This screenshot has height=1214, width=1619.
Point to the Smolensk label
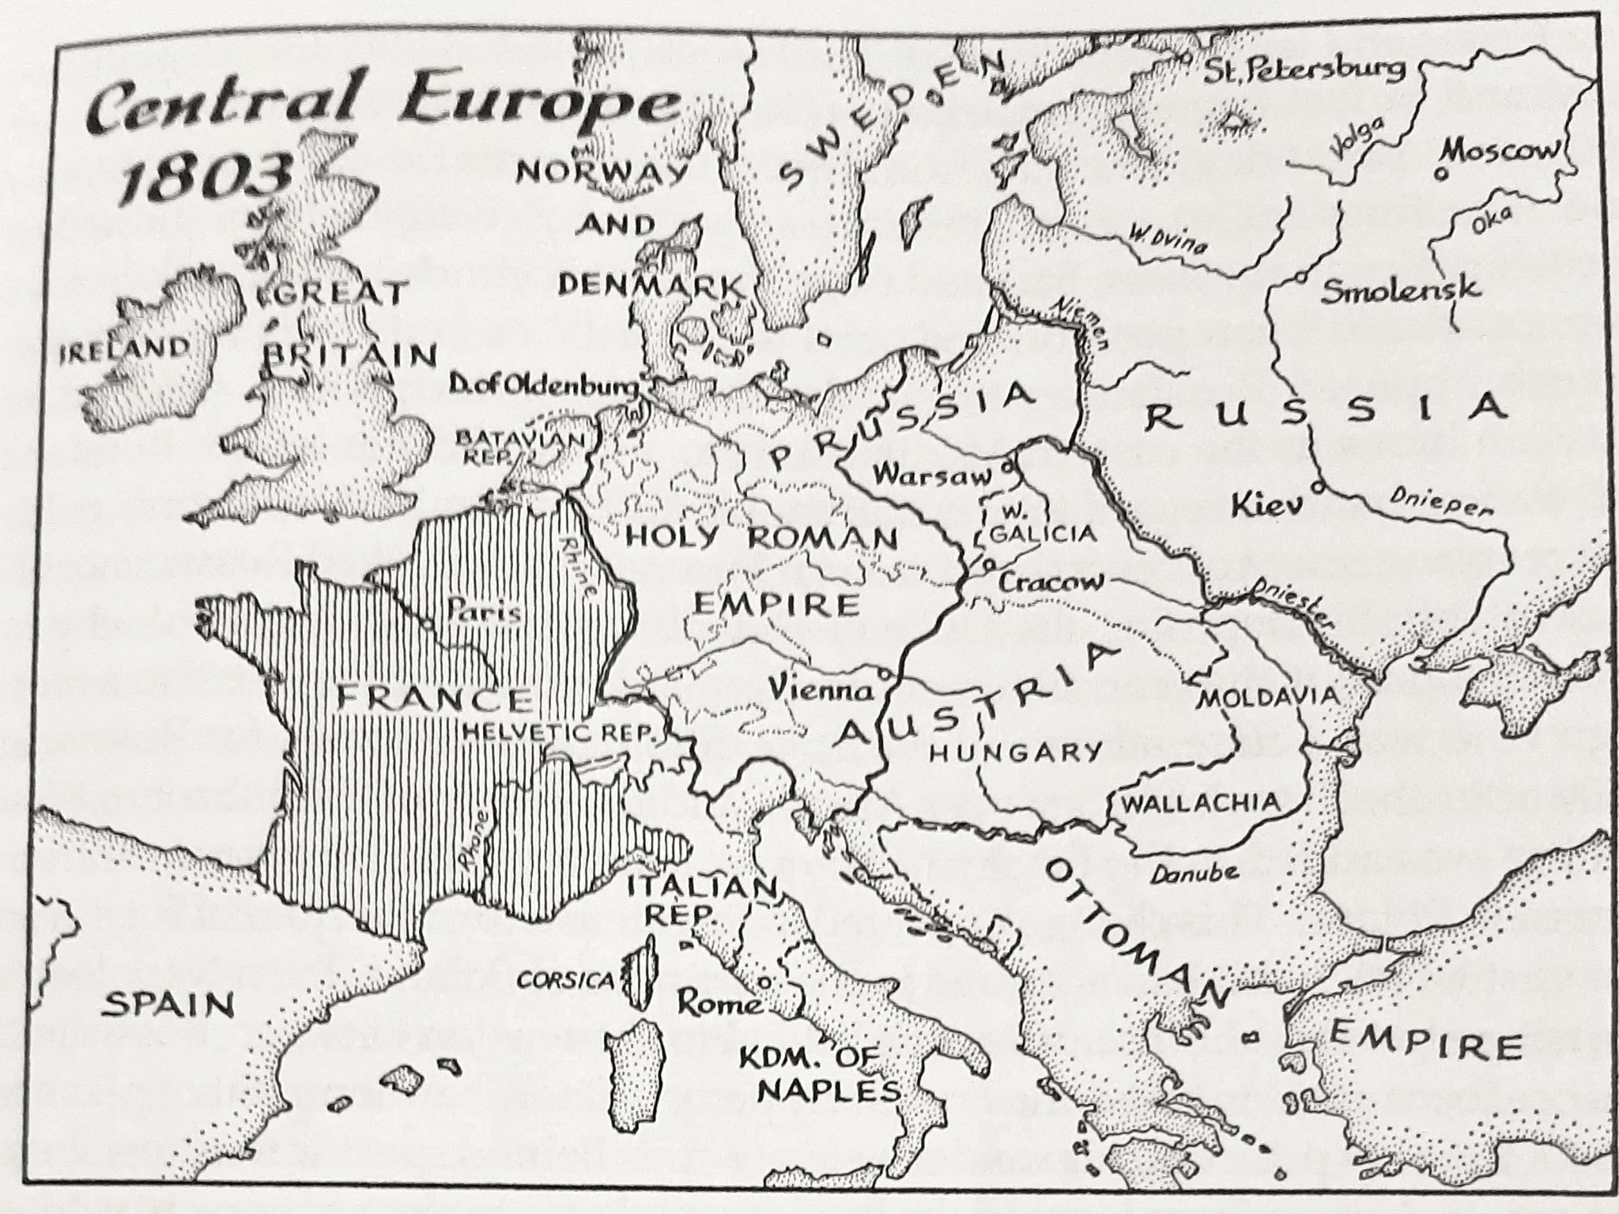1400,290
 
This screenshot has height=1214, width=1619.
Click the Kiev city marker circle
1317,488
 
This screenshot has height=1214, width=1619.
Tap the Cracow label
1051,582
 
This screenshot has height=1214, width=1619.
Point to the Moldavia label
1268,697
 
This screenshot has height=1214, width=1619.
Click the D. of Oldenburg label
544,386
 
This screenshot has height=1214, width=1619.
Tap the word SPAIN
170,1005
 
